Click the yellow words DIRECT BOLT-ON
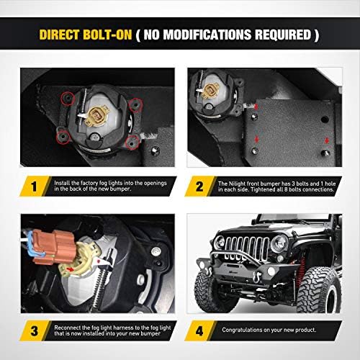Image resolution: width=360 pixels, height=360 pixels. [x=86, y=35]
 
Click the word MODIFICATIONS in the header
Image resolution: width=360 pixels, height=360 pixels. [x=207, y=35]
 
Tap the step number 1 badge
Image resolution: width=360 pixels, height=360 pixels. [x=34, y=186]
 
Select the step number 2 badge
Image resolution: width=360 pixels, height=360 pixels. [x=199, y=186]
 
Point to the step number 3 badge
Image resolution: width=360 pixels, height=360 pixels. [x=35, y=331]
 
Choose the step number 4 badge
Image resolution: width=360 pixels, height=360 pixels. [x=199, y=331]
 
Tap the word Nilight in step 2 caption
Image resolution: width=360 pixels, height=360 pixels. [x=237, y=184]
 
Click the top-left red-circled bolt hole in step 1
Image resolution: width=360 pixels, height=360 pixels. [x=68, y=99]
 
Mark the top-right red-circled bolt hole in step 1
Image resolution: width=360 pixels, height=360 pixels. [x=135, y=105]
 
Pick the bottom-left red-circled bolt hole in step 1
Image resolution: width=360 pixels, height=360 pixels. [x=63, y=137]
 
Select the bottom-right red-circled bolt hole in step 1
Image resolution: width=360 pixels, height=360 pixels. [x=132, y=143]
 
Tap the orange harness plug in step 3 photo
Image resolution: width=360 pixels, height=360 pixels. [x=53, y=246]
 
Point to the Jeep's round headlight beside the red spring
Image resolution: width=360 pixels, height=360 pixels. [x=279, y=243]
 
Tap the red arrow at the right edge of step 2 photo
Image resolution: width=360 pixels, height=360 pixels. [x=326, y=140]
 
